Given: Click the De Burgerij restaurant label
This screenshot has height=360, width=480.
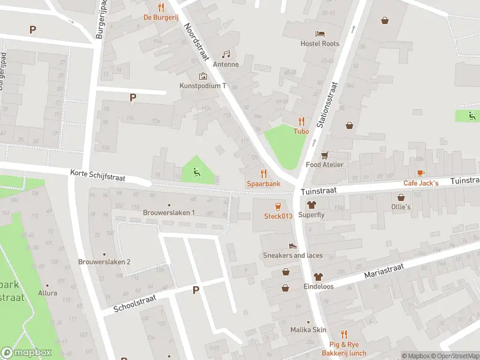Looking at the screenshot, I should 160,17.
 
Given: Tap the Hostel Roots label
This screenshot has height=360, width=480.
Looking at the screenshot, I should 320,43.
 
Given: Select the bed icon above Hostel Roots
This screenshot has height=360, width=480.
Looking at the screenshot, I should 320,33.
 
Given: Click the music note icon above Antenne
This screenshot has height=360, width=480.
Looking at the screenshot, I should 226,54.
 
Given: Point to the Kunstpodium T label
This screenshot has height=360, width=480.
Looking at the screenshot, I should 203,86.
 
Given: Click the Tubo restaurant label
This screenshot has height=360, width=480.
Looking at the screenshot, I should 301,131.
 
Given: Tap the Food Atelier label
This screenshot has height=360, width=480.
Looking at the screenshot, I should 325,164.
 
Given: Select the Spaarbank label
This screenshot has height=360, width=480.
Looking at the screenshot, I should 263,183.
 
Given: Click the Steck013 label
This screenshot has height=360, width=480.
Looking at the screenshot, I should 278,216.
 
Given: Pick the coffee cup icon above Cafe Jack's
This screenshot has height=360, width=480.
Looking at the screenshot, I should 421,173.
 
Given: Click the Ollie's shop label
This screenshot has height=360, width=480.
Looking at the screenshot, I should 401,206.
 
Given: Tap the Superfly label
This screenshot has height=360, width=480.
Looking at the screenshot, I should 311,215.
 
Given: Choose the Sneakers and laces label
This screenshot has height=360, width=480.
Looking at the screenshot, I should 293,255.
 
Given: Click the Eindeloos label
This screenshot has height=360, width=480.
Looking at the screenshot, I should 318,286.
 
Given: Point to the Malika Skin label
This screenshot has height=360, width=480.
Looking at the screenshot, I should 308,330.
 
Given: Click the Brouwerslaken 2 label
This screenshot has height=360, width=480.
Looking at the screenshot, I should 104,262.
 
